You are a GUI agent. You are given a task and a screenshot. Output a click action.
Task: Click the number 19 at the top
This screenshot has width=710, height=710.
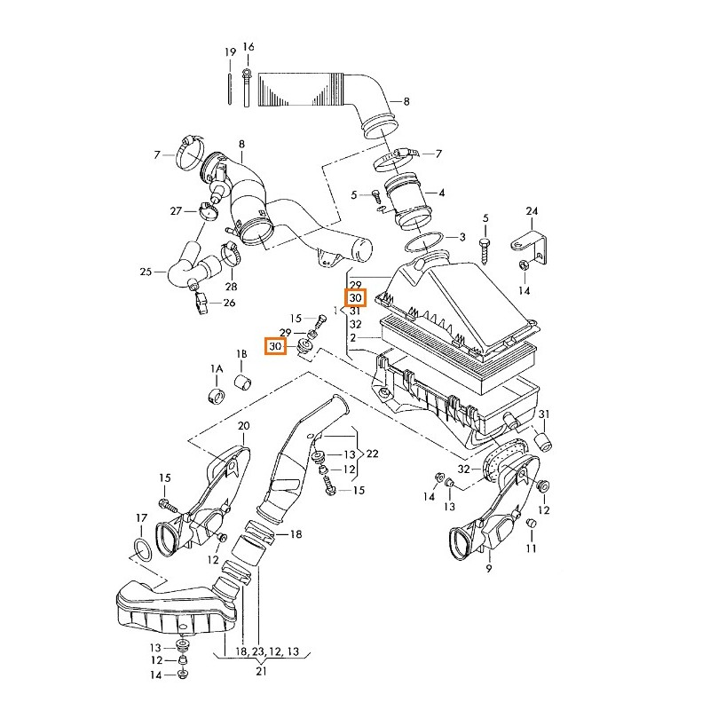click(x=231, y=52)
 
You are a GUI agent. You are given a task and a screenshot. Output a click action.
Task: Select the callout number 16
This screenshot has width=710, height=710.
click(x=248, y=47)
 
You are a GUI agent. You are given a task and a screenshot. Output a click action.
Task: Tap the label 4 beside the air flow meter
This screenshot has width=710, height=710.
click(x=441, y=193)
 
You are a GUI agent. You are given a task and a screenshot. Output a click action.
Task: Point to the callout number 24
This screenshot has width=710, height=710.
click(x=532, y=211)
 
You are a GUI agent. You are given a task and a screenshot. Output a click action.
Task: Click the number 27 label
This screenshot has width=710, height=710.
click(x=176, y=210)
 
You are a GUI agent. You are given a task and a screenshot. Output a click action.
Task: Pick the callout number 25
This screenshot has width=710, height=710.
click(x=146, y=272)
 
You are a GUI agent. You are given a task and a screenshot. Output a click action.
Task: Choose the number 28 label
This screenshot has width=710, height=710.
click(x=232, y=287)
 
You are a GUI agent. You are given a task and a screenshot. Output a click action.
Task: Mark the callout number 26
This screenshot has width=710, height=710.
click(x=229, y=304)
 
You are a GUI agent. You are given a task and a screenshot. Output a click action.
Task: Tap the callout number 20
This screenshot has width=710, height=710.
click(x=244, y=427)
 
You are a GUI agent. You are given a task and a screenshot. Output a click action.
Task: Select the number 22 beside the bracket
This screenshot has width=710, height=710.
click(x=373, y=454)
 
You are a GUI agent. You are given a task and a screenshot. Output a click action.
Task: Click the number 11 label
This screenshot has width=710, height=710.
click(x=531, y=549)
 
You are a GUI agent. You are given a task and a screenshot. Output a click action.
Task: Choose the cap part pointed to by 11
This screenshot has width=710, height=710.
click(x=532, y=525)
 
